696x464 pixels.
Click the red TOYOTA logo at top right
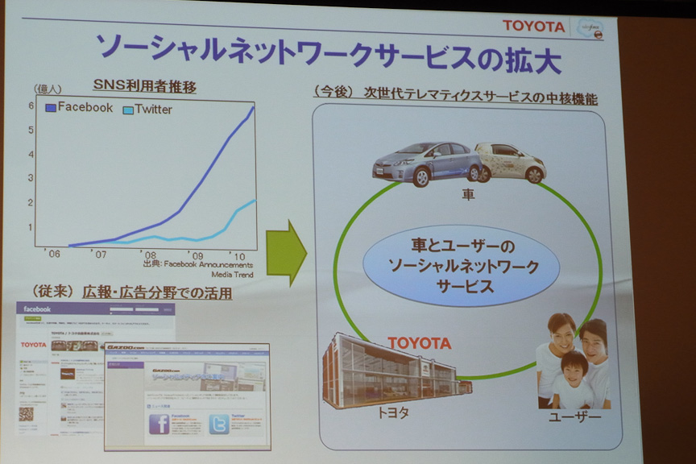[x=534, y=26]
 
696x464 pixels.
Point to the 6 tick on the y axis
[x=31, y=105]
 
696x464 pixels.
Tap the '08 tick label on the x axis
[x=150, y=255]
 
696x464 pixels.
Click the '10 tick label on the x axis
[x=238, y=255]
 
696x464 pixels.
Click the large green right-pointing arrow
[x=286, y=251]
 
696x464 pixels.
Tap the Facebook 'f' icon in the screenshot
[x=159, y=424]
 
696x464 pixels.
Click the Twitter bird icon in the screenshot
[x=218, y=424]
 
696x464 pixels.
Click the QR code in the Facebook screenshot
[x=27, y=414]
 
